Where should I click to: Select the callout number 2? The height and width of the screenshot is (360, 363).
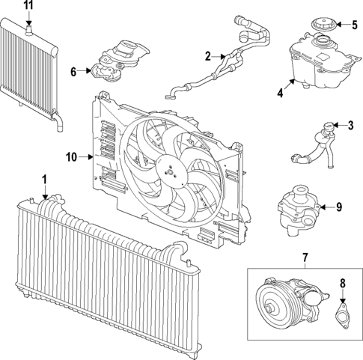209,55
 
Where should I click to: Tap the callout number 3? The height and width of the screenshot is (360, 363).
350,125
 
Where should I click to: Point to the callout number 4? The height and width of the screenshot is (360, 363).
281,94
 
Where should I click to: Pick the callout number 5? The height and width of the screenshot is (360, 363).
355,25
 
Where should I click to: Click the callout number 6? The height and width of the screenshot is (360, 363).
74,72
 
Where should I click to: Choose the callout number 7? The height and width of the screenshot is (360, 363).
305,258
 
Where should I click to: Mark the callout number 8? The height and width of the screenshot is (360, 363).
344,283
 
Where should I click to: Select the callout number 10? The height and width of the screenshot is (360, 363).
71,157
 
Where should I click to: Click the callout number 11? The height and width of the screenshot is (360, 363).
28,5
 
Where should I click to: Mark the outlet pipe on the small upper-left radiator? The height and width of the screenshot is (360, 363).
57,120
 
